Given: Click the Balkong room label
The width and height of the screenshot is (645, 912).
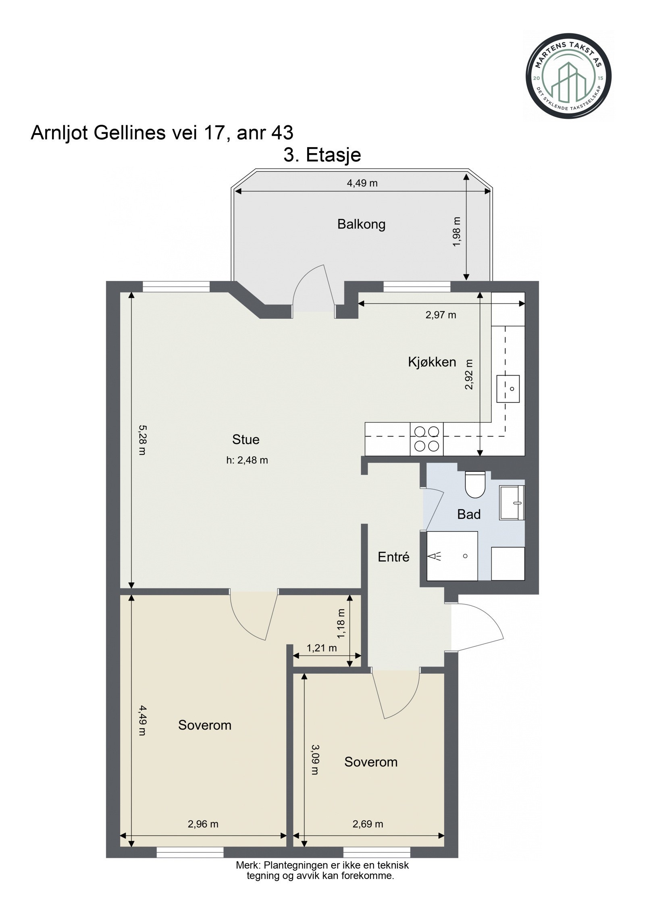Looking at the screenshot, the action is click(x=361, y=224).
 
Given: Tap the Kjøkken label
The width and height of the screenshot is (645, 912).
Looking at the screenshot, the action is click(x=432, y=362).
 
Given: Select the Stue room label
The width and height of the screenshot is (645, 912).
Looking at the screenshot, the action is click(x=246, y=439).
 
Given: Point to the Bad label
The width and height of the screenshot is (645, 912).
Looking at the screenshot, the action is click(x=469, y=514).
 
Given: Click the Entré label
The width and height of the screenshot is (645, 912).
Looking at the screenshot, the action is click(x=393, y=557).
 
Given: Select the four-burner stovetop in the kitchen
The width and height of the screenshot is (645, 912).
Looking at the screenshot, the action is click(x=427, y=439).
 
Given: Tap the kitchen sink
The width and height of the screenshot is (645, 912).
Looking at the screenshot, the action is click(x=508, y=389).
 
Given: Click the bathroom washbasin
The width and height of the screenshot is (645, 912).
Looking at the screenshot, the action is click(x=512, y=503).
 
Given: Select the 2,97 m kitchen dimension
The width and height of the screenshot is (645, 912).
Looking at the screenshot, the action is click(x=441, y=315).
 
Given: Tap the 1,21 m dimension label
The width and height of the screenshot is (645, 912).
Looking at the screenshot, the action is click(x=321, y=648).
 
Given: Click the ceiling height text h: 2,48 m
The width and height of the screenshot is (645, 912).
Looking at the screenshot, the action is click(x=247, y=460).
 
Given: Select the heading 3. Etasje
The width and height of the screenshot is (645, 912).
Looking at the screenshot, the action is click(x=322, y=155).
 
